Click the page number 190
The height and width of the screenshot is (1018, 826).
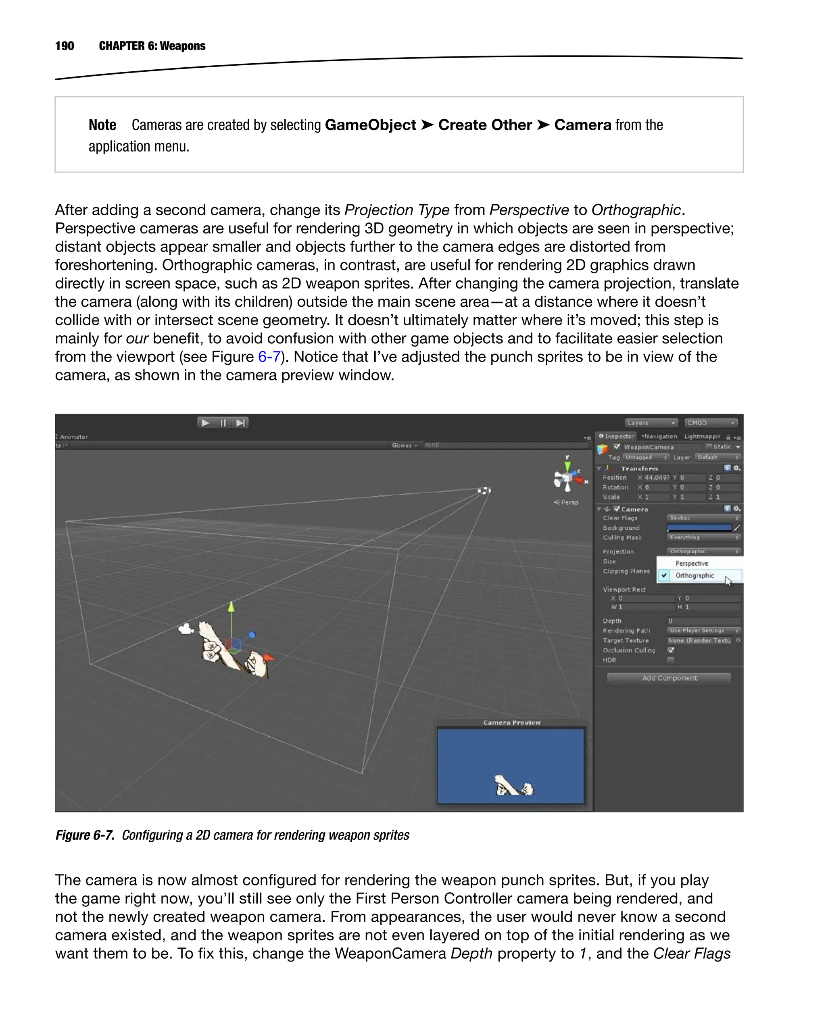pyautogui.click(x=64, y=46)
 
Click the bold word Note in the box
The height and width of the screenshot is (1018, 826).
pyautogui.click(x=102, y=125)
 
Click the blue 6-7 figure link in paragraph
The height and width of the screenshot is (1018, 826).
pyautogui.click(x=269, y=357)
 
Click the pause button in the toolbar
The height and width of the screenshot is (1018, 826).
pyautogui.click(x=223, y=423)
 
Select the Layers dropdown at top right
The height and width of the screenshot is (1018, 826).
pyautogui.click(x=651, y=423)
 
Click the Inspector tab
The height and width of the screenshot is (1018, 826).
pyautogui.click(x=617, y=436)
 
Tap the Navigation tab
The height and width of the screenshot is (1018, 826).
pyautogui.click(x=659, y=436)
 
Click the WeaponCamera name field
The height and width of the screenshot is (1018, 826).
pyautogui.click(x=661, y=447)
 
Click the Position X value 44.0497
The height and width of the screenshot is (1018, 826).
pyautogui.click(x=657, y=478)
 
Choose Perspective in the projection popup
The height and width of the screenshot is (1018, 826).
pyautogui.click(x=692, y=563)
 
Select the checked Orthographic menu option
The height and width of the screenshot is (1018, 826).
pyautogui.click(x=695, y=575)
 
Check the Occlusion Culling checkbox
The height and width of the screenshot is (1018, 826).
pyautogui.click(x=671, y=650)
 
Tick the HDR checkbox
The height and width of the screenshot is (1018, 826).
pyautogui.click(x=671, y=660)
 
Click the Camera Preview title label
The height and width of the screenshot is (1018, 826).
pyautogui.click(x=512, y=723)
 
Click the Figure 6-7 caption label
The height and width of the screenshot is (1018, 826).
pyautogui.click(x=85, y=835)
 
